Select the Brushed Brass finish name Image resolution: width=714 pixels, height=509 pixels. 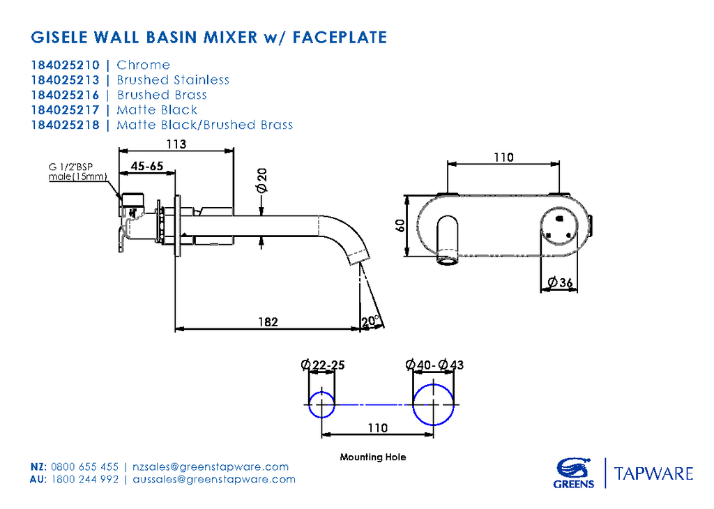[162, 95]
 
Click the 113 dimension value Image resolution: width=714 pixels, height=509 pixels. [176, 144]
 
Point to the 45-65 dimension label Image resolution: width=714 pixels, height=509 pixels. [146, 166]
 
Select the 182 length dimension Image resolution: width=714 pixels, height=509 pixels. [268, 321]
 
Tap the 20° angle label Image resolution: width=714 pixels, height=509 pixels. [371, 321]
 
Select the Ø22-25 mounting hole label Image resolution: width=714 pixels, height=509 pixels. [322, 365]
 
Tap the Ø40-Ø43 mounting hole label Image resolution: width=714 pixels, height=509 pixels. [434, 365]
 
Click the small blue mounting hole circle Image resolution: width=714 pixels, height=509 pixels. [321, 404]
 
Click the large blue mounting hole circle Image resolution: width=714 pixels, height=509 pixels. [434, 404]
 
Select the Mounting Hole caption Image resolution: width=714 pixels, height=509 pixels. [372, 457]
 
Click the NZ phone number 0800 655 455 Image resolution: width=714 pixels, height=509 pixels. [85, 466]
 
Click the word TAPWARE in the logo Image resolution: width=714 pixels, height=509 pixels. [653, 474]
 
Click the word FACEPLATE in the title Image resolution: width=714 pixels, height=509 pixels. [340, 36]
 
